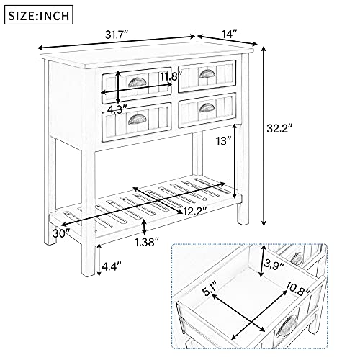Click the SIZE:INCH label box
point(39,15)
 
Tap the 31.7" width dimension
point(117,35)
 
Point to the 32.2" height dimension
point(279,129)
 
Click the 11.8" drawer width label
point(171,77)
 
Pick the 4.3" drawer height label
point(117,109)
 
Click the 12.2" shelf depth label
point(195,212)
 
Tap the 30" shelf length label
point(62,233)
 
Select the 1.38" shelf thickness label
point(147,243)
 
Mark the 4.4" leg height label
point(112,266)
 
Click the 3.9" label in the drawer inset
point(274,264)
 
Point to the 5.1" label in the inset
point(210,289)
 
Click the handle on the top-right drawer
point(207,73)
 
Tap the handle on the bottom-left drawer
point(137,119)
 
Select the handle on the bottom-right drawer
point(207,108)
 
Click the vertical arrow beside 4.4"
point(99,260)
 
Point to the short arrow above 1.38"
point(144,227)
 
